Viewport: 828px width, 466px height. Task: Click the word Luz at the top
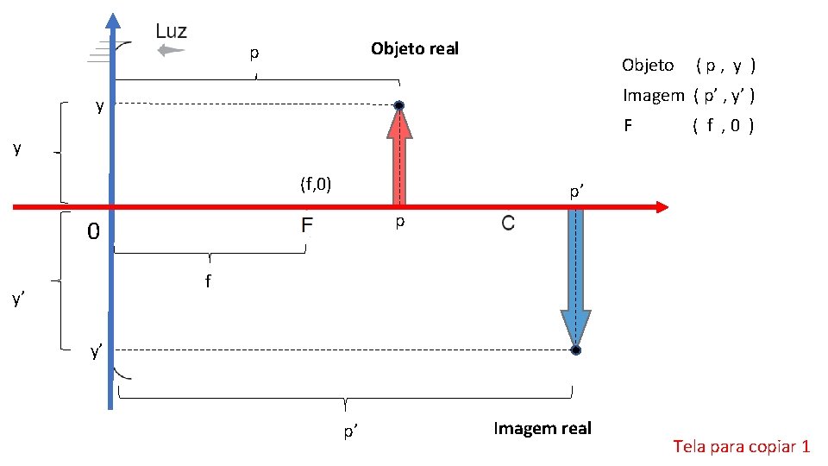tap(171, 31)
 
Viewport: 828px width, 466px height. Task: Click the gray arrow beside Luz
tap(172, 50)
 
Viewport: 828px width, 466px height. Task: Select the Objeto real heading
tap(414, 48)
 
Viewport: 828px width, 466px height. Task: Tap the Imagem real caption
tap(543, 428)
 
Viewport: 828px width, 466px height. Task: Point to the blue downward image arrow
tap(575, 276)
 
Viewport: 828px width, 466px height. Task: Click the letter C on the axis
tap(507, 224)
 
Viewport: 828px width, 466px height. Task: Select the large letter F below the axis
tap(306, 227)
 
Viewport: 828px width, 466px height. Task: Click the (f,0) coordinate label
tap(316, 184)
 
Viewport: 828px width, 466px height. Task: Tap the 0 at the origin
tap(94, 232)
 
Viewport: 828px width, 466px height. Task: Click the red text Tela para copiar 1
tap(741, 446)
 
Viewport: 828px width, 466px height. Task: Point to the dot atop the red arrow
tap(399, 106)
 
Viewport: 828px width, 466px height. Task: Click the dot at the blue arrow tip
tap(575, 350)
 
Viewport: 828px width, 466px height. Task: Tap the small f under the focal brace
tap(208, 281)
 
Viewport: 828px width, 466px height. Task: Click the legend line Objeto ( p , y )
tap(688, 65)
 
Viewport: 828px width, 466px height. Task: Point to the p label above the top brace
tap(254, 54)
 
